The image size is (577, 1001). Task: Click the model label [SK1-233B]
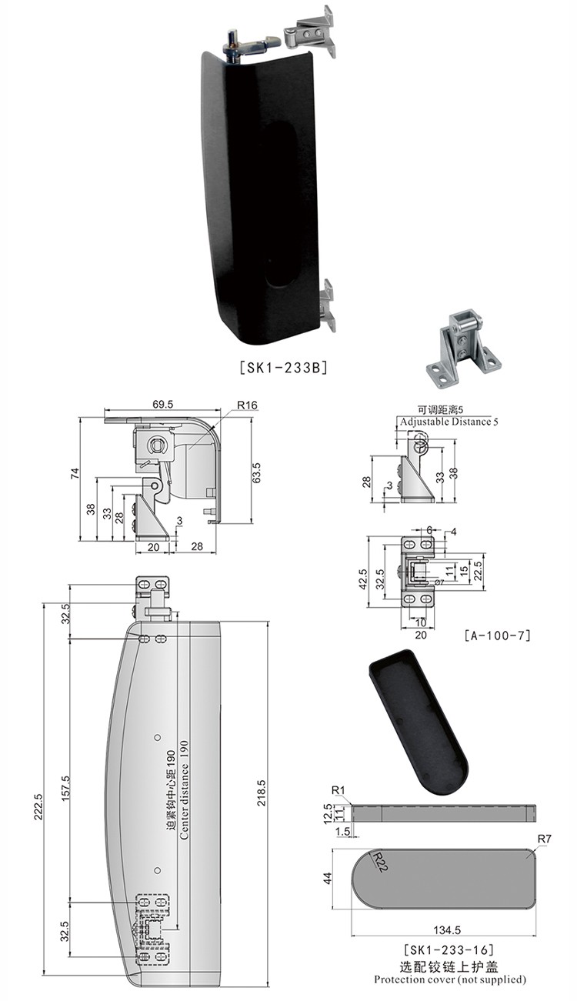pyautogui.click(x=284, y=368)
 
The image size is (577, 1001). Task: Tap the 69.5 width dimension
pyautogui.click(x=162, y=405)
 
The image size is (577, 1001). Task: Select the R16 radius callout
pyautogui.click(x=247, y=405)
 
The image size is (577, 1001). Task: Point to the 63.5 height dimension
pyautogui.click(x=256, y=472)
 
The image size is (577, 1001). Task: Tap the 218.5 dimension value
pyautogui.click(x=262, y=792)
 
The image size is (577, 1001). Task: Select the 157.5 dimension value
pyautogui.click(x=65, y=788)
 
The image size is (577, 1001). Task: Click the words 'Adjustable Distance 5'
pyautogui.click(x=449, y=422)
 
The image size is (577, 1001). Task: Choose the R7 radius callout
pyautogui.click(x=545, y=839)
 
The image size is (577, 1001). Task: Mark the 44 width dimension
pyautogui.click(x=328, y=878)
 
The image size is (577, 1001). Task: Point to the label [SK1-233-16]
pyautogui.click(x=449, y=949)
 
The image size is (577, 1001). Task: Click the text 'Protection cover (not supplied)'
pyautogui.click(x=449, y=979)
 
